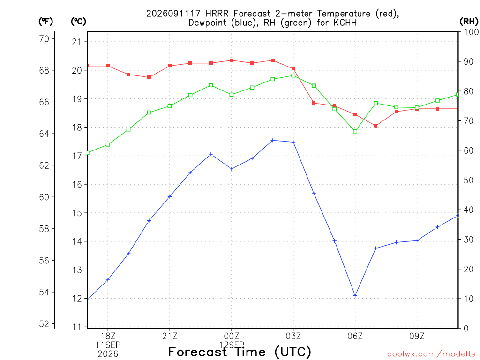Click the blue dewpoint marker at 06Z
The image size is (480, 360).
355,295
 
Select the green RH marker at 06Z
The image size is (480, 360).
355,131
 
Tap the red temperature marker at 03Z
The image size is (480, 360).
293,69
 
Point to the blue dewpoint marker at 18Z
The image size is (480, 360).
108,279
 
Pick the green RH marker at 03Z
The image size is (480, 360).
293,75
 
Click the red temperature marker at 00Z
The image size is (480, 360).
232,60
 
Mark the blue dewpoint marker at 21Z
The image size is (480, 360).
170,196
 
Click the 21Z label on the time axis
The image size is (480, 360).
170,337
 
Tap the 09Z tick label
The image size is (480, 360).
417,337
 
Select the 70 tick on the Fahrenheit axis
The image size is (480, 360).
44,38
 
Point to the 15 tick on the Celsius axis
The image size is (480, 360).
77,213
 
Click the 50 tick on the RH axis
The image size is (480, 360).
468,180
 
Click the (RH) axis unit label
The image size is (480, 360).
469,21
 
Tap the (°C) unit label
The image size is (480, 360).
78,21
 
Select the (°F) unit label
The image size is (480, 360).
45,21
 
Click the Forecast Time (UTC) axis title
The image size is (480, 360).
240,352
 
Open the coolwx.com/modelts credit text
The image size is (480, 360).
431,354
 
